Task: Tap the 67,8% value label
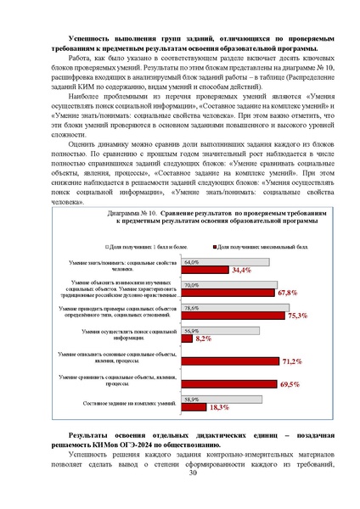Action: tap(286, 292)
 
